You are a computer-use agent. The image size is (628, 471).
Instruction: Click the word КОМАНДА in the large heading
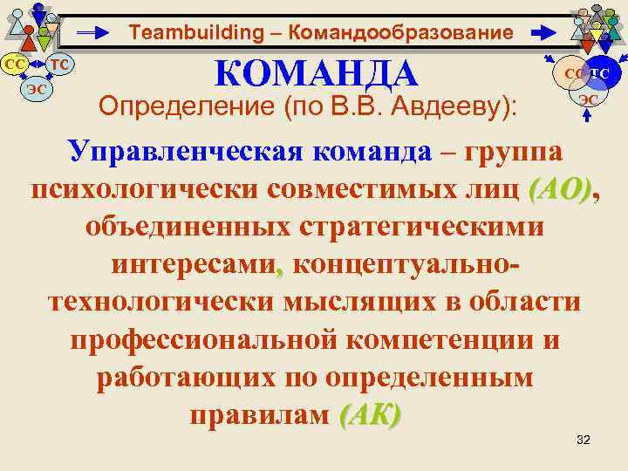tap(317, 73)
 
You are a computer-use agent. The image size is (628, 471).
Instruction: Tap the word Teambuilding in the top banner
tap(183, 33)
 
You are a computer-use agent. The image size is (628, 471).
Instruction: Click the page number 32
tap(584, 439)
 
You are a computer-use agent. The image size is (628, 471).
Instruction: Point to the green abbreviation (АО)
tap(559, 188)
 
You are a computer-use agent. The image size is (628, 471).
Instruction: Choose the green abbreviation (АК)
tap(370, 415)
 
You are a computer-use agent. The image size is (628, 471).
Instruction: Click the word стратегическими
tap(419, 225)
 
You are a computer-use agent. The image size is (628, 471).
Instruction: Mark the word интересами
tap(196, 263)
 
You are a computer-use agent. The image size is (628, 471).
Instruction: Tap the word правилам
tap(258, 415)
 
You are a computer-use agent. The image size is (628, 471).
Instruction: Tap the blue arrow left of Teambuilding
tap(96, 34)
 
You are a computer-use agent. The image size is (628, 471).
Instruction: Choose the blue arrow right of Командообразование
tap(543, 33)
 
